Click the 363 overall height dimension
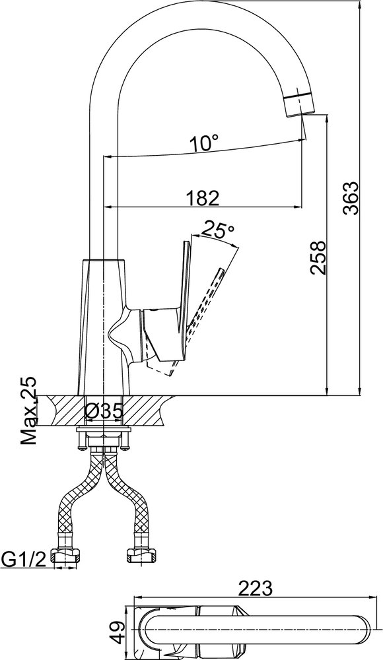(x=351, y=198)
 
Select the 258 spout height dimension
(x=318, y=257)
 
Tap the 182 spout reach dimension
(x=203, y=198)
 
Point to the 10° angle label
(x=204, y=143)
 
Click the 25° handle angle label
(x=219, y=230)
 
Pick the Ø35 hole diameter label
(x=104, y=411)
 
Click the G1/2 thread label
(x=24, y=560)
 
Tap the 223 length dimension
(x=256, y=588)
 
